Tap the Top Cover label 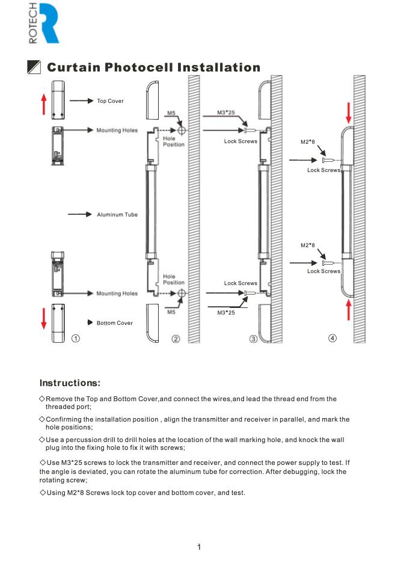pos(110,101)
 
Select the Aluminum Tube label pos(117,215)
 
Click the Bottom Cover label pos(114,323)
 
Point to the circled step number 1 pos(75,338)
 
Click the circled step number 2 pos(176,339)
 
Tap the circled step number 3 pos(253,339)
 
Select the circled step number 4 pos(332,338)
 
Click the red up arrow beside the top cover pos(44,104)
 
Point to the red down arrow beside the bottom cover pos(44,318)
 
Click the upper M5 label pos(171,113)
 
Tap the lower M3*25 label pos(226,313)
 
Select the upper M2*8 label pos(308,142)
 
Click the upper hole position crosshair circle pos(182,131)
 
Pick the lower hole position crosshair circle pos(182,294)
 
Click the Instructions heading pos(70,383)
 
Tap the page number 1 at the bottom pos(199,547)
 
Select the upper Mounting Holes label pos(117,131)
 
